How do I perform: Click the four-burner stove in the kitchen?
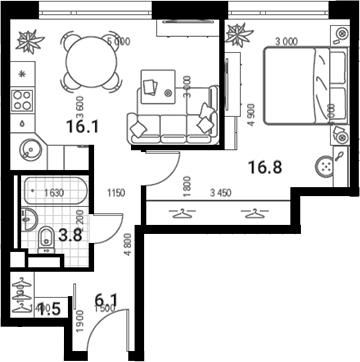pyautogui.click(x=20, y=99)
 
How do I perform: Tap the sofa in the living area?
pyautogui.click(x=172, y=119)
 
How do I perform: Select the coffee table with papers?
pyautogui.click(x=153, y=86)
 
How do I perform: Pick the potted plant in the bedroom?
pyautogui.click(x=239, y=38)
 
